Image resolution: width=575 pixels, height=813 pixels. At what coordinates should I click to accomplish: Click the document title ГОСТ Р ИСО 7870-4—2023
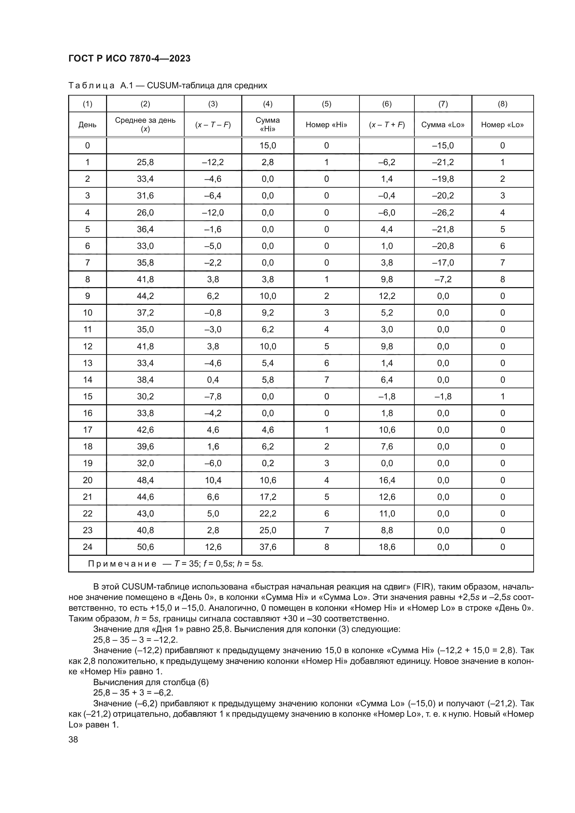(129, 59)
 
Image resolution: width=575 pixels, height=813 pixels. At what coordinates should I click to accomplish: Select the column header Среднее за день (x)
(145, 124)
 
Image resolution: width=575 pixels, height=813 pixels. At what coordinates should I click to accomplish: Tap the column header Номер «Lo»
(502, 125)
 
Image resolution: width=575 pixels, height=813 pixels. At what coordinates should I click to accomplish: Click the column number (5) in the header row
(326, 104)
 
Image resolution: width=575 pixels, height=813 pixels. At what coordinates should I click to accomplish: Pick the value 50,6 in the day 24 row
(145, 547)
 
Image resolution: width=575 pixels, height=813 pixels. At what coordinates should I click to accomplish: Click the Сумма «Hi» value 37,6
(268, 547)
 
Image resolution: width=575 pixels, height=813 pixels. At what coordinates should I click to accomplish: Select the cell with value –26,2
(443, 212)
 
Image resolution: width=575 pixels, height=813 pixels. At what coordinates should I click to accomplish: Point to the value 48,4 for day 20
(145, 480)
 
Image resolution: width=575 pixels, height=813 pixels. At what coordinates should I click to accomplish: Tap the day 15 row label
(88, 396)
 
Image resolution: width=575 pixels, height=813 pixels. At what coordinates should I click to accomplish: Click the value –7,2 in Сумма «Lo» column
(443, 279)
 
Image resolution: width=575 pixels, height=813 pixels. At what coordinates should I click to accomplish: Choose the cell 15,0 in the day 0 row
(268, 146)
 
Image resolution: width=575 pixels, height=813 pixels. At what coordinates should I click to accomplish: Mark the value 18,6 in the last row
(387, 547)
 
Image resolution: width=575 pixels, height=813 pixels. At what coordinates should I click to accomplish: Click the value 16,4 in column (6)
(387, 480)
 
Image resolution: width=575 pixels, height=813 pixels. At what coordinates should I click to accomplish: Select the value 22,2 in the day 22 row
(268, 513)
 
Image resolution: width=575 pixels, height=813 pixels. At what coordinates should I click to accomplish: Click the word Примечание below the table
(122, 564)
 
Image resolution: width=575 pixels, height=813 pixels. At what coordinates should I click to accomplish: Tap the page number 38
(73, 739)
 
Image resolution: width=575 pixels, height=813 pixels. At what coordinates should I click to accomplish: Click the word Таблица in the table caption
(91, 86)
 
